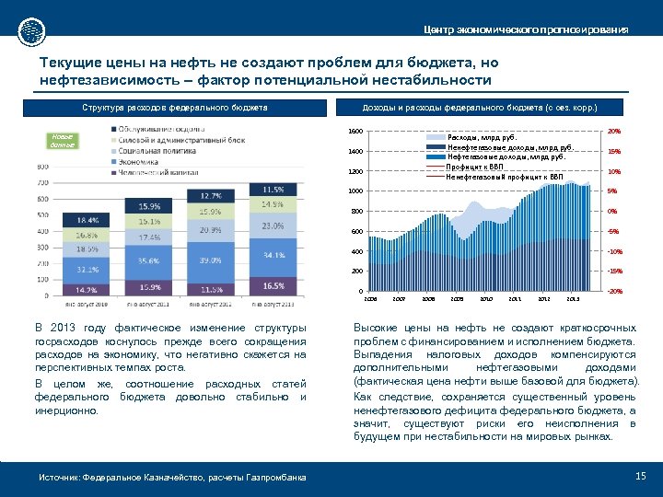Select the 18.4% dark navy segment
pyautogui.click(x=88, y=221)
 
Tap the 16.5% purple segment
pyautogui.click(x=273, y=287)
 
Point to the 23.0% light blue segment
pyautogui.click(x=273, y=225)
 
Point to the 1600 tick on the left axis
pyautogui.click(x=355, y=131)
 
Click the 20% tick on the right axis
pyautogui.click(x=614, y=131)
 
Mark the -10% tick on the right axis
pyautogui.click(x=614, y=251)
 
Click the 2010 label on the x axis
pyautogui.click(x=485, y=299)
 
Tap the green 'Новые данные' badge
pyautogui.click(x=62, y=141)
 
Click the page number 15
pyautogui.click(x=641, y=475)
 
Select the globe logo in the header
pyautogui.click(x=31, y=29)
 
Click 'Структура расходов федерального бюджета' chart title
pyautogui.click(x=174, y=108)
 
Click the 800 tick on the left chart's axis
pyautogui.click(x=42, y=167)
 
